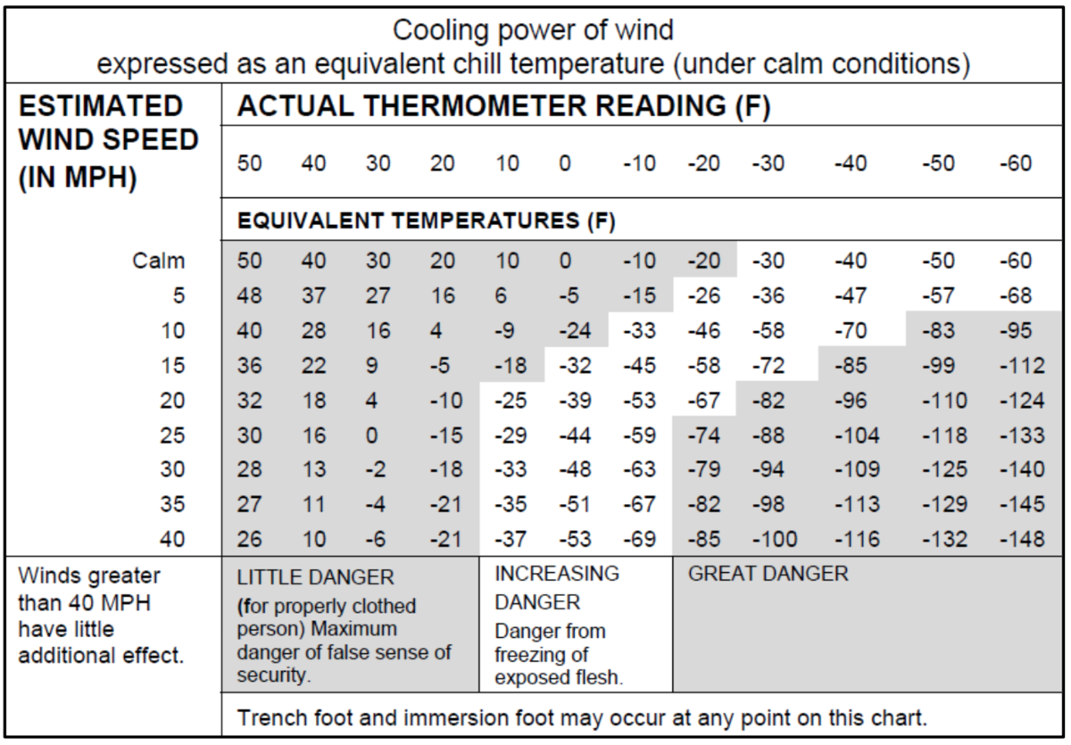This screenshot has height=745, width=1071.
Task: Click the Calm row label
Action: coord(161,261)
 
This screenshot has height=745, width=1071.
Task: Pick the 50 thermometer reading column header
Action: coord(251,164)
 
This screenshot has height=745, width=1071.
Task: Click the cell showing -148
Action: coord(1022,540)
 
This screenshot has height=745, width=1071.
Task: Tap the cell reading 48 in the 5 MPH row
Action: coord(251,296)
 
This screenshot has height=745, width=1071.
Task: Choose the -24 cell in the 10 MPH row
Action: coord(574,331)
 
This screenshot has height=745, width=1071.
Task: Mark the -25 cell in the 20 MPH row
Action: coord(510,401)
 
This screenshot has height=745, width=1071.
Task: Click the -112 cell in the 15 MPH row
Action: coord(1022,366)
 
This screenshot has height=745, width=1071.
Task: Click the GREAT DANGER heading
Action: coord(768,575)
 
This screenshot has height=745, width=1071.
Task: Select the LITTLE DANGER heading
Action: coord(315,577)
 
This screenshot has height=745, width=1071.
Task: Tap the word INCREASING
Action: coord(557,575)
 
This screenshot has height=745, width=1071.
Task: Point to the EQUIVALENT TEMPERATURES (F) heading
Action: coord(427,220)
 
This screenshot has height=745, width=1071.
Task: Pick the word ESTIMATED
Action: coord(100,107)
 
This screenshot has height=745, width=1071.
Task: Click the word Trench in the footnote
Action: coord(269,717)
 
